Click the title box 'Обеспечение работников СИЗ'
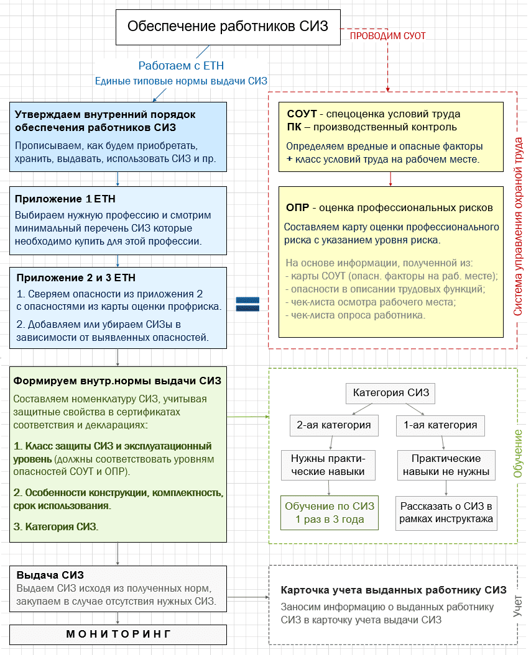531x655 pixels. point(228,26)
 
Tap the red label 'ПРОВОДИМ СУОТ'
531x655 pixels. point(387,36)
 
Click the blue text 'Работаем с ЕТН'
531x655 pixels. point(181,66)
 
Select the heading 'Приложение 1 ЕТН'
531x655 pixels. point(65,199)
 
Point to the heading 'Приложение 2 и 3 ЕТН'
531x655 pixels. point(75,278)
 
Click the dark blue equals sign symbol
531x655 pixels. point(247,304)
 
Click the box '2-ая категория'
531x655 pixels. point(335,425)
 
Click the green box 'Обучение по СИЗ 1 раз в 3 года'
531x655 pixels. point(330,513)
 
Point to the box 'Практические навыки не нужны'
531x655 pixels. point(446,465)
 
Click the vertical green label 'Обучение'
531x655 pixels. point(517,454)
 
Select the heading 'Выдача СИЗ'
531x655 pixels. point(50,575)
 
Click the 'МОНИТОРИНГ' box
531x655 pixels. point(118,634)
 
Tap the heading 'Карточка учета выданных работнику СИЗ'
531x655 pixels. point(394,590)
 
